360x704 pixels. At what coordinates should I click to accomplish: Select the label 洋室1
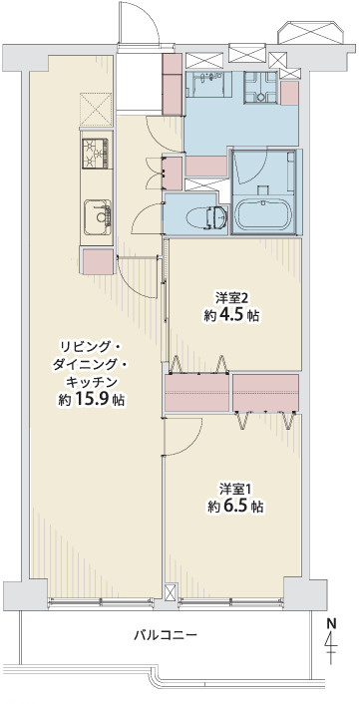pos(236,489)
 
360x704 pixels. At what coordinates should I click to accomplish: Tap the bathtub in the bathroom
pos(264,215)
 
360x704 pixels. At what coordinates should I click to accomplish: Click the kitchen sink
pos(98,215)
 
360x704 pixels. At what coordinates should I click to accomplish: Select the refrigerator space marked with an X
pos(98,106)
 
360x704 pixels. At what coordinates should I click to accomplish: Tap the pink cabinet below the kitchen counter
pos(98,261)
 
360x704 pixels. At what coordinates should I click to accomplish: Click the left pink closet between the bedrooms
pos(196,393)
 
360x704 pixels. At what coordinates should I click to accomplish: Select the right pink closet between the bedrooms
pos(265,393)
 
